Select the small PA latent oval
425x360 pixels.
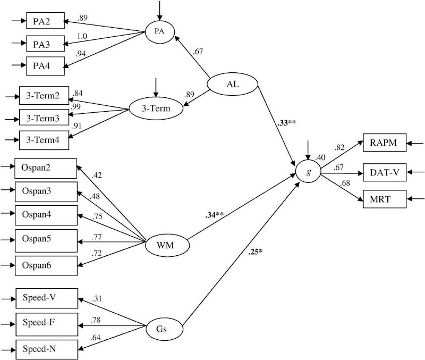click(x=159, y=31)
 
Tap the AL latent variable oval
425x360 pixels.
click(x=232, y=84)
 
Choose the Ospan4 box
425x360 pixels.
click(x=46, y=215)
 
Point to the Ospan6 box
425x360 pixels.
click(x=46, y=264)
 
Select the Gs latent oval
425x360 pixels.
click(x=161, y=329)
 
